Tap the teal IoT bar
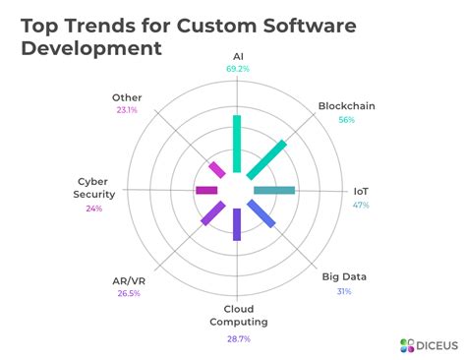274,190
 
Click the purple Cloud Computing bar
236,224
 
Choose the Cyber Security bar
206,190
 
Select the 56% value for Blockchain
346,120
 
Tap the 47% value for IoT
361,205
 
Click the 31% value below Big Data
344,291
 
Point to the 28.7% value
238,338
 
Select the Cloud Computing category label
238,315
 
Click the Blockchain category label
346,106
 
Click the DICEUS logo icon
407,344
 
